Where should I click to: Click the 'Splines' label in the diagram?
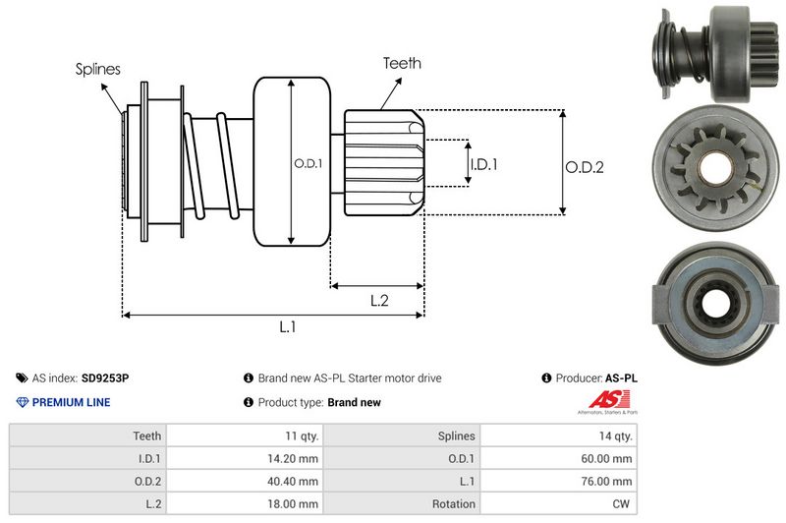point(97,70)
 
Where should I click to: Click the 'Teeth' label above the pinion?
point(402,63)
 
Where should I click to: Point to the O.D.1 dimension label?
point(308,163)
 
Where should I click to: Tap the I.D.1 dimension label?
point(483,164)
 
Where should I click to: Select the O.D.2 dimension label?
point(584,167)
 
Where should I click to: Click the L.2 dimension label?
point(380,301)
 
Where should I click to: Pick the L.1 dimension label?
point(287,327)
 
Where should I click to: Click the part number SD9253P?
point(106,378)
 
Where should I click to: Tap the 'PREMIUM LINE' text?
point(71,402)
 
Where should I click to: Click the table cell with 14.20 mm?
point(294,458)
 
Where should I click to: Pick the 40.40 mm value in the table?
point(294,481)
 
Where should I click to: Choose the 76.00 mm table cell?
point(609,481)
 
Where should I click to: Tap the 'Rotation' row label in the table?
point(453,503)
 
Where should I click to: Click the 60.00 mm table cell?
point(609,458)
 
